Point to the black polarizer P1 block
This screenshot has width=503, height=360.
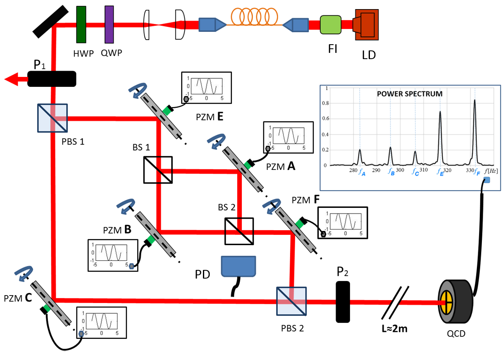(52, 79)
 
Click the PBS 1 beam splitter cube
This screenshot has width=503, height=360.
(52, 118)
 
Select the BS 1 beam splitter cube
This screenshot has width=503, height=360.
(158, 169)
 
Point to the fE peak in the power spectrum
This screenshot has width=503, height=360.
(440, 112)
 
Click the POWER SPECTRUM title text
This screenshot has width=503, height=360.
(410, 94)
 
